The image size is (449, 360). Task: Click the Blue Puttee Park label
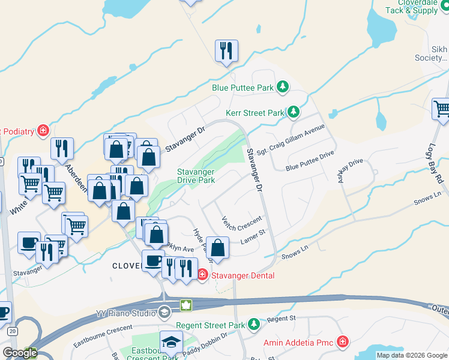[x=243, y=88]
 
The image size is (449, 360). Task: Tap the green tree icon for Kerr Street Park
[x=293, y=112]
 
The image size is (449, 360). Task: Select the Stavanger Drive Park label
[x=196, y=176]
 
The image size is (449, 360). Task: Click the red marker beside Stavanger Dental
[x=202, y=275]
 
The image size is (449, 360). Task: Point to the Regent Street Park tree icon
[x=254, y=325]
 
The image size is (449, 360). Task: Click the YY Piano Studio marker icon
[x=164, y=312]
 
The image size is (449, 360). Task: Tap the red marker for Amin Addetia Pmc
[x=342, y=342]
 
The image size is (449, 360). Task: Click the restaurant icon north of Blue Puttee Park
[x=226, y=51]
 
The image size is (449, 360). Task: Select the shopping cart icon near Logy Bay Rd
[x=442, y=110]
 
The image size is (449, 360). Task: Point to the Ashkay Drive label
[x=353, y=170]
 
